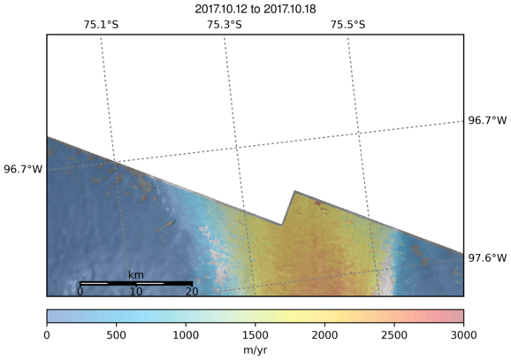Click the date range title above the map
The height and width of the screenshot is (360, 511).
coord(255,10)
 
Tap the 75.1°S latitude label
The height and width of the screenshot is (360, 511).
coord(101,25)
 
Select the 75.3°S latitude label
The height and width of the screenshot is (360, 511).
coord(225,25)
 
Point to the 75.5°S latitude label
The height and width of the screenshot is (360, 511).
coord(348,25)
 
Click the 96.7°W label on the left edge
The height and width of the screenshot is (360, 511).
coord(23,169)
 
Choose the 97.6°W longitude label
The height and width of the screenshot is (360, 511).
coord(487,258)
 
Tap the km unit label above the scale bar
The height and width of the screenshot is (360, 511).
coord(136,275)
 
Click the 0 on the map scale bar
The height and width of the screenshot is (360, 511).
coord(80,291)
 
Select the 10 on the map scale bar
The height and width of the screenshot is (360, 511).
coord(136,291)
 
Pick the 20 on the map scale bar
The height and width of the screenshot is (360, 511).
coord(192,291)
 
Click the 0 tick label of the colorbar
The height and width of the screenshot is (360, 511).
coord(47,335)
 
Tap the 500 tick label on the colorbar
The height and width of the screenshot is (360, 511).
coord(117,335)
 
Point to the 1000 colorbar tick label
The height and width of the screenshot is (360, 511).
coord(186,335)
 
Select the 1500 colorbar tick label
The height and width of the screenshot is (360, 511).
coord(255,335)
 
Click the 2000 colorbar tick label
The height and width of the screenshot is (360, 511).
coord(324,335)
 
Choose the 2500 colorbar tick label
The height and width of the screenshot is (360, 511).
coord(394,335)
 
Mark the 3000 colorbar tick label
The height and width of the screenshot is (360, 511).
coord(463,335)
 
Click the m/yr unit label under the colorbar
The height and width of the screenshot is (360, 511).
coord(255,350)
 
